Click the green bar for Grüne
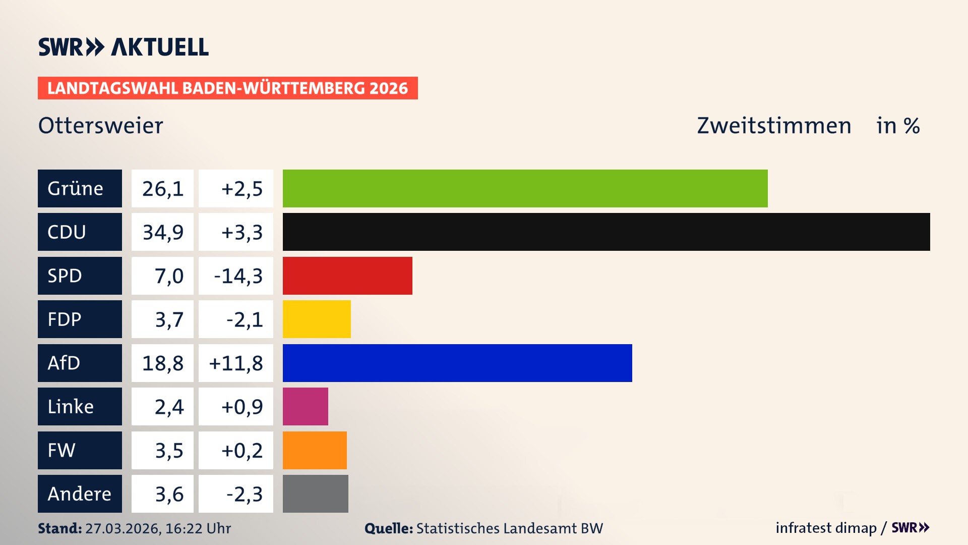[x=525, y=188]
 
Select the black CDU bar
[x=606, y=232]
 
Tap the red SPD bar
[x=347, y=276]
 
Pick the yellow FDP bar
[x=317, y=319]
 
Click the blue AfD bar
[x=457, y=363]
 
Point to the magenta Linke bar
[x=305, y=406]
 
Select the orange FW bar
[x=315, y=450]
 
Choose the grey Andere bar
[x=315, y=494]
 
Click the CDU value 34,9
[x=162, y=232]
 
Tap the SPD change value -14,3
[x=238, y=276]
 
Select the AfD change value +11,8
[x=236, y=363]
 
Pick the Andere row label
[x=80, y=494]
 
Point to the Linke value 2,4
[x=169, y=407]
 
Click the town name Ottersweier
[x=101, y=126]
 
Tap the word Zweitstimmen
[x=774, y=126]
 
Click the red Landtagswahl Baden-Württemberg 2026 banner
[x=227, y=88]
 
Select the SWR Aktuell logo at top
[x=124, y=47]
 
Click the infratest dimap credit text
[x=826, y=528]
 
